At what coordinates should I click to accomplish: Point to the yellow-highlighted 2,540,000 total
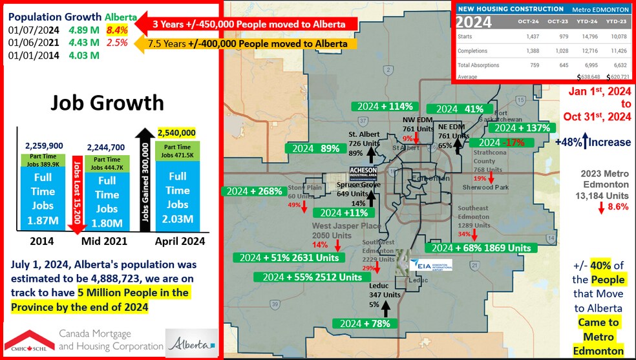[x=176, y=132]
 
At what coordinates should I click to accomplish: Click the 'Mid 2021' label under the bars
[x=104, y=242]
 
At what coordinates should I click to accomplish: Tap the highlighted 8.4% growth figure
[x=117, y=30]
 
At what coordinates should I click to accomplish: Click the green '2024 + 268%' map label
[x=252, y=191]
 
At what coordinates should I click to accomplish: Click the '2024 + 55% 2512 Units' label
[x=307, y=277]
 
